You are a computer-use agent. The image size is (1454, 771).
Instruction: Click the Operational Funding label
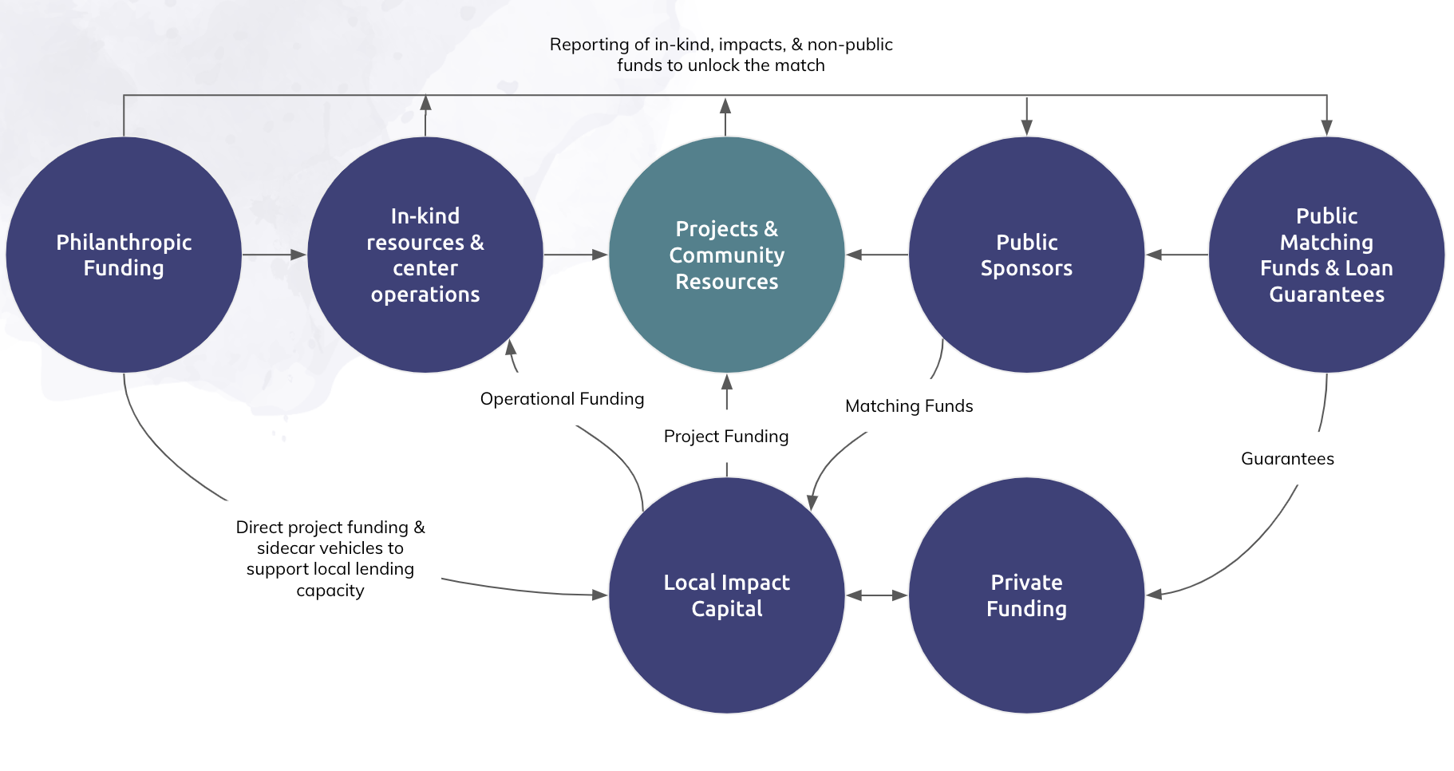562,399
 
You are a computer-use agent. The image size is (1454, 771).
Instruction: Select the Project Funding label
726,437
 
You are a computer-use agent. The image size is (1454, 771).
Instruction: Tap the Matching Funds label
909,406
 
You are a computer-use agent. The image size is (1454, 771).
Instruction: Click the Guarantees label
1287,459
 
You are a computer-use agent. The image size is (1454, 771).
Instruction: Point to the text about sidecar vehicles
330,559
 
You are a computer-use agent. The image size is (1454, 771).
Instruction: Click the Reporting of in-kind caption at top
721,55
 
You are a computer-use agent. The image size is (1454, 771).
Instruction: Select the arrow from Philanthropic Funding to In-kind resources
275,255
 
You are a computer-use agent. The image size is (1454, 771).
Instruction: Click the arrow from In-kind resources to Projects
575,255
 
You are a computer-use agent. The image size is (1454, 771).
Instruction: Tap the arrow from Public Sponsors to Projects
877,255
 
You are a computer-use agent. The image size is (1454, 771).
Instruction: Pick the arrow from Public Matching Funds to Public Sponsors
1177,255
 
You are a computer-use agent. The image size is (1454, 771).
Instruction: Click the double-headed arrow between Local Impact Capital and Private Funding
877,595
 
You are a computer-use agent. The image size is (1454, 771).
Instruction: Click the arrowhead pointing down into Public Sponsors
1026,127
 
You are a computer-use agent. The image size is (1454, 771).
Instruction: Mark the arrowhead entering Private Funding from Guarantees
1155,594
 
